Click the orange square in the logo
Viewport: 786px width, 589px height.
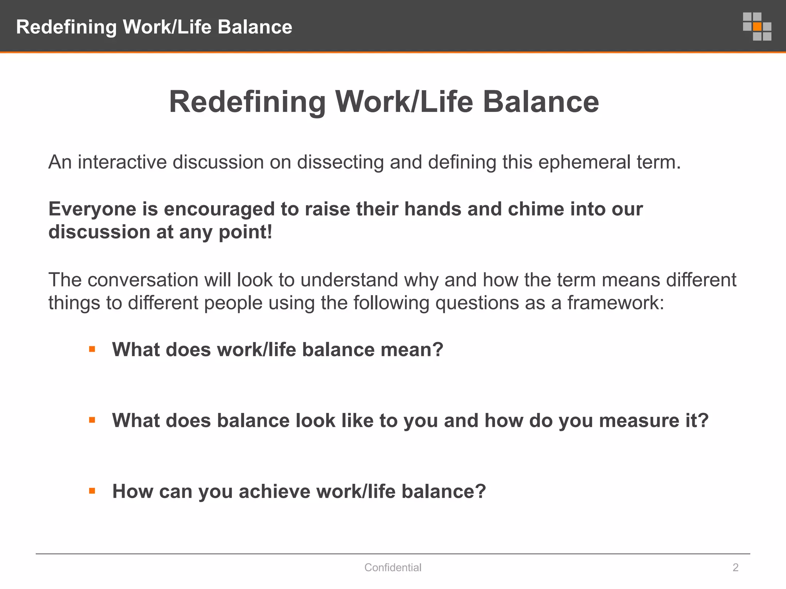click(x=757, y=26)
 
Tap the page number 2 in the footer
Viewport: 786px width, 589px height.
click(x=735, y=568)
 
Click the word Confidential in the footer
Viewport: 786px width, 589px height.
click(x=393, y=568)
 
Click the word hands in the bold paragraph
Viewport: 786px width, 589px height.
click(x=433, y=209)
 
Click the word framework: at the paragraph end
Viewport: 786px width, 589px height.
click(x=616, y=303)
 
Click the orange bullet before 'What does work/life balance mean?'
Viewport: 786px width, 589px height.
click(x=92, y=349)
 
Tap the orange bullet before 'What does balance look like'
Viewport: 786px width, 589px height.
click(x=92, y=420)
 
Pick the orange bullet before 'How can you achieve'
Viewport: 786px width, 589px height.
click(x=92, y=491)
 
